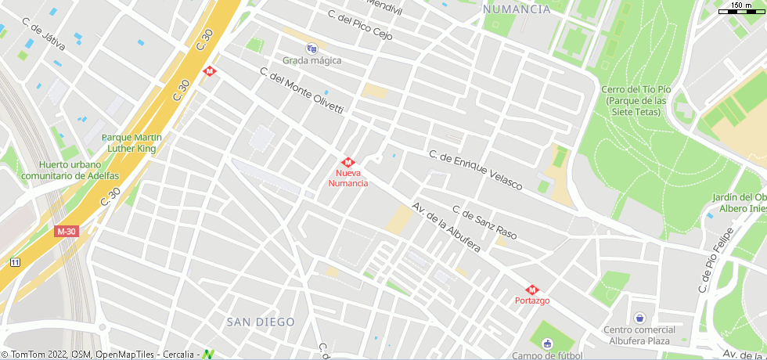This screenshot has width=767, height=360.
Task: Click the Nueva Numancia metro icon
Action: pos(348,162)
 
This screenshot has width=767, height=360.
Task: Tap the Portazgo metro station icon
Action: pos(532,290)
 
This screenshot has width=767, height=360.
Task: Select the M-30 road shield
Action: pos(67,232)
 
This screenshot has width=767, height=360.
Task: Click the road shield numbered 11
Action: pos(15,262)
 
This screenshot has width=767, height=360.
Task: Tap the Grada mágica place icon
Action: pos(311,48)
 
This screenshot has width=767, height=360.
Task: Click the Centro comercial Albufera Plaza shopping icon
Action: pos(640,318)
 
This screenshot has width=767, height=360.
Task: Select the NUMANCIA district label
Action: pos(517,9)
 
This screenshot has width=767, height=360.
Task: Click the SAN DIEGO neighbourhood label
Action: pos(261,322)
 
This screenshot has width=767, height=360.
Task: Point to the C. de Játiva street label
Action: pos(44,34)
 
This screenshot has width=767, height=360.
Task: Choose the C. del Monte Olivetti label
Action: pos(301,91)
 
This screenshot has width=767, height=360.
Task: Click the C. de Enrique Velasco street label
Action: pos(475,169)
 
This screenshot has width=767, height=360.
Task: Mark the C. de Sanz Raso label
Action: pos(484,222)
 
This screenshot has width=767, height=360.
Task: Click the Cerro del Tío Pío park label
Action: pos(635,100)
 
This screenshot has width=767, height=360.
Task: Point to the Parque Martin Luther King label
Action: pos(131,142)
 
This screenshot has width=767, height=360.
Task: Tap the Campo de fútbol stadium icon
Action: pos(547,344)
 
